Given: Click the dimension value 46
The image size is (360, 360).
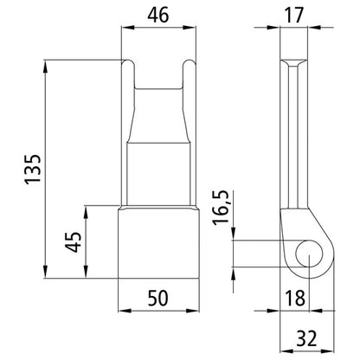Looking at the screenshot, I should pos(157,16).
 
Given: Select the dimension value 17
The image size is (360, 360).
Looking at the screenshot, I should pos(296,16).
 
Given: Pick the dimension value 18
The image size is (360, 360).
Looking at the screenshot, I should pos(296,299).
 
